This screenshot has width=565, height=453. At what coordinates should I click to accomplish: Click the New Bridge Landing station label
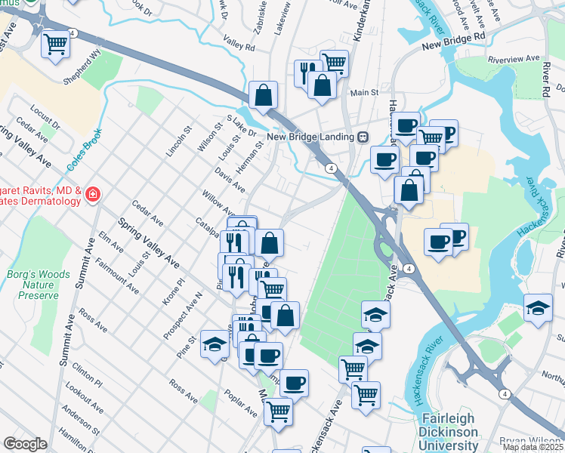[312, 137]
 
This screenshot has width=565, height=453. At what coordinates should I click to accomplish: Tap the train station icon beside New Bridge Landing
[363, 137]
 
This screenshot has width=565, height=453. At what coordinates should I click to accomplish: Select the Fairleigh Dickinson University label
[448, 430]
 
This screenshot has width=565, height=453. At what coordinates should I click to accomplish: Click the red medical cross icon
[92, 195]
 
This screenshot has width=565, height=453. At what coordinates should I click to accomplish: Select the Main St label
[364, 92]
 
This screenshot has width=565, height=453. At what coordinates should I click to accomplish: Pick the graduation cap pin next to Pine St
[215, 343]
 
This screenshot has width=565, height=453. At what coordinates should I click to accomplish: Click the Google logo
[25, 444]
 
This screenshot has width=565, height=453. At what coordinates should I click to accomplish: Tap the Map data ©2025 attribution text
[532, 447]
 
